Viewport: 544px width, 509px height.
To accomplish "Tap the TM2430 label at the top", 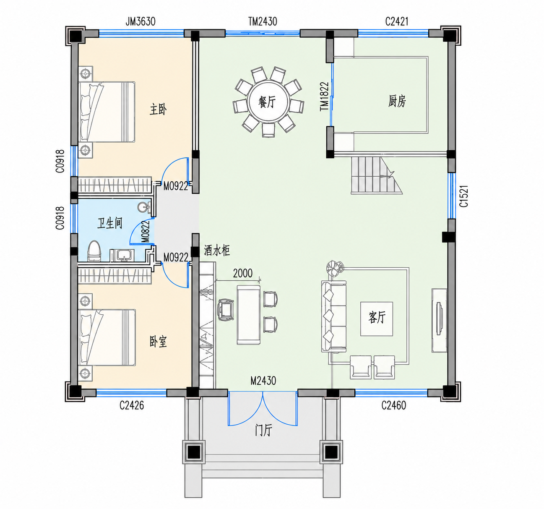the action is (263, 21).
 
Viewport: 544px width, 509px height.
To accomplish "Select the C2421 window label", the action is (397, 21).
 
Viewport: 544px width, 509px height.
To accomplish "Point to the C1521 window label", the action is (464, 196).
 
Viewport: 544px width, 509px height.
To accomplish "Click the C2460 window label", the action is (393, 405).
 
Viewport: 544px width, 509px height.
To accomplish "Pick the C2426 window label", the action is (131, 405).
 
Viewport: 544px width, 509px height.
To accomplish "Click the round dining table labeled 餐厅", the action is (268, 102).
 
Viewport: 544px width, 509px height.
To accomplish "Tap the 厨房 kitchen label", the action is (397, 101).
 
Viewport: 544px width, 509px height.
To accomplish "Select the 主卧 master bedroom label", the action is (158, 110).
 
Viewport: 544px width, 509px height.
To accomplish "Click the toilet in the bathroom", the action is (94, 251).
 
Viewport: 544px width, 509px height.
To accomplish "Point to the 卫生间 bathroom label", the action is (109, 223).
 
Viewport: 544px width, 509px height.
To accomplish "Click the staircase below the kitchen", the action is (377, 175).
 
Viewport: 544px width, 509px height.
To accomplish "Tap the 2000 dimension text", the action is (243, 273).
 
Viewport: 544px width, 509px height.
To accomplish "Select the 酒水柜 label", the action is (217, 250).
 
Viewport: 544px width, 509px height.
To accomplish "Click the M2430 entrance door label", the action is (263, 381).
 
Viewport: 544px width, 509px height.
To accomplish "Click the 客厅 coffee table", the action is (377, 319).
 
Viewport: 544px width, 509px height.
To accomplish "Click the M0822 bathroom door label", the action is (146, 232).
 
